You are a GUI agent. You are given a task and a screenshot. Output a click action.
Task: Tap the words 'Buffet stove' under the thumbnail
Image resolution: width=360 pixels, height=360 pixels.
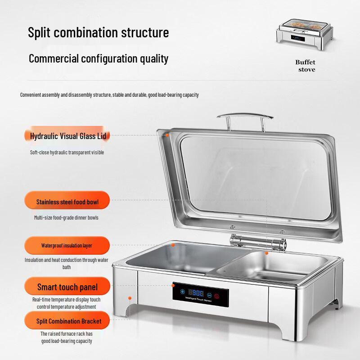[x=305, y=66]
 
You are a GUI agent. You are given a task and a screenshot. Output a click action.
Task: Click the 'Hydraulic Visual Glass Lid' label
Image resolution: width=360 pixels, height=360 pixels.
[x=67, y=136]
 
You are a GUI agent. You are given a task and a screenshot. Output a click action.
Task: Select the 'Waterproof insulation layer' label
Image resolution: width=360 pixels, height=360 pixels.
[x=67, y=246]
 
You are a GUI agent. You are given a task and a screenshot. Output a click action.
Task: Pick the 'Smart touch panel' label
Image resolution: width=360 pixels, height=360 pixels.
[x=67, y=287]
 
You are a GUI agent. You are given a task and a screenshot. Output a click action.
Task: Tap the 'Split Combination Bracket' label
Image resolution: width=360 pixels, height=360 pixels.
[x=67, y=321]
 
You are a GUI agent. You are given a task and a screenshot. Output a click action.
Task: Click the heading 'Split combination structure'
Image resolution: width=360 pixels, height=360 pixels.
[x=99, y=32]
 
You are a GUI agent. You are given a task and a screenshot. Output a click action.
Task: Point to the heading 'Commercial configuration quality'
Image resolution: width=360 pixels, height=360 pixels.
[x=99, y=58]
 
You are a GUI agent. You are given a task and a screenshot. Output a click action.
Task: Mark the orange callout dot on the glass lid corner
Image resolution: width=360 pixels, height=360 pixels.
[x=167, y=134]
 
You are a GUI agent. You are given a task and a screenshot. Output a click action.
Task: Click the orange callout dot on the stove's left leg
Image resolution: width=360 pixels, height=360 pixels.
[x=130, y=298]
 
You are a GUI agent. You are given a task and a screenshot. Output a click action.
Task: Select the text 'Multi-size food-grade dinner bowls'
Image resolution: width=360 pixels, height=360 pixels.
[x=66, y=218]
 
